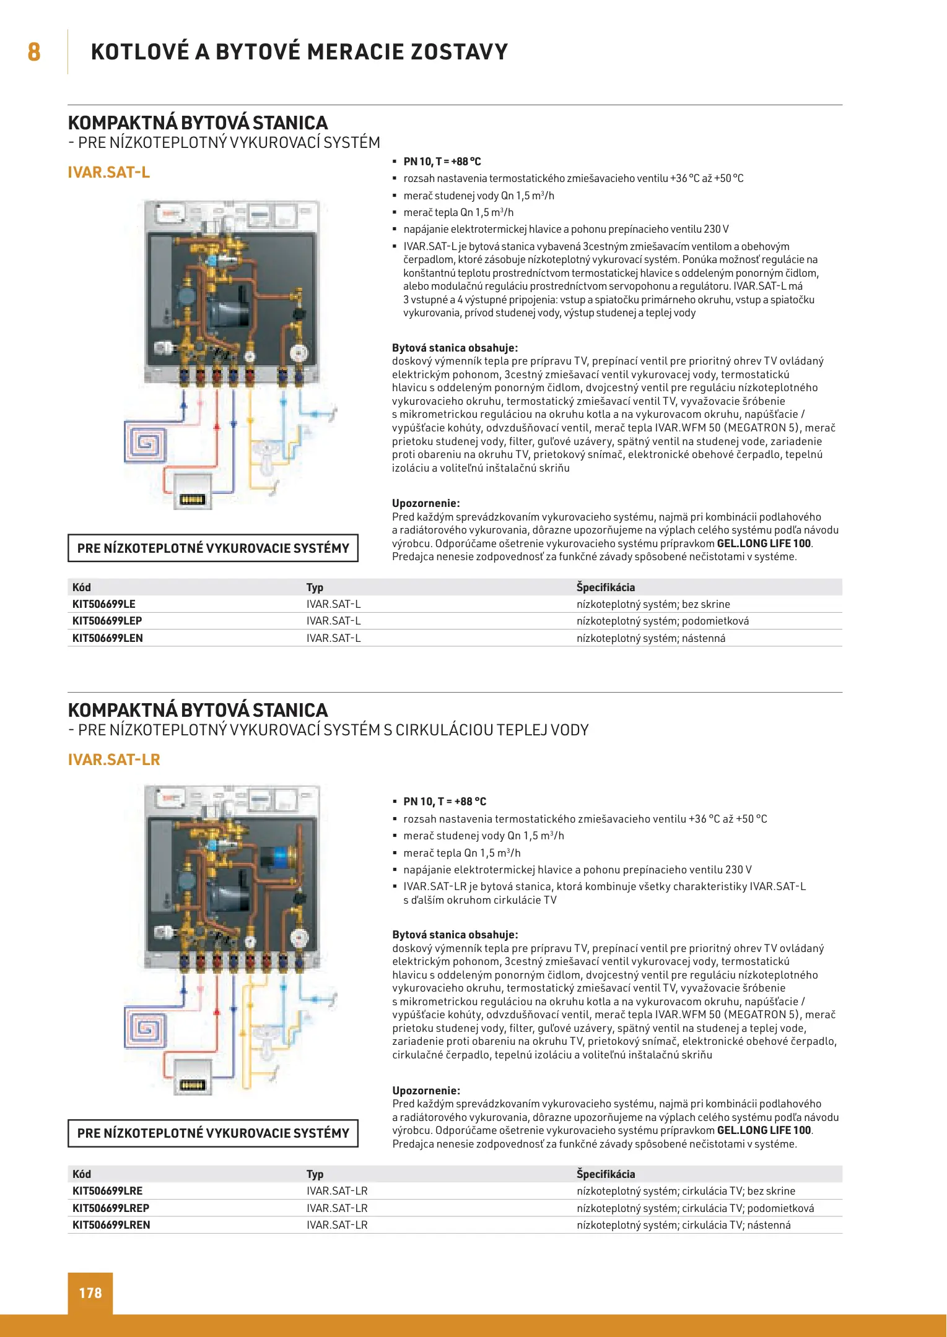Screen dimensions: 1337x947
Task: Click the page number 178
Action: pos(90,1293)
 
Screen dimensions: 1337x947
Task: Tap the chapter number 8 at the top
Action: pos(34,51)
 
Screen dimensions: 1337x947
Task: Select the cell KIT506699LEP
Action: pos(107,621)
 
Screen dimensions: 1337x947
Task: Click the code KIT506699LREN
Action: pos(111,1225)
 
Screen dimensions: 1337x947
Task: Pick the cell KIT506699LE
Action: pos(103,604)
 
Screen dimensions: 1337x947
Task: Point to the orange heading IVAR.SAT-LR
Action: pos(114,759)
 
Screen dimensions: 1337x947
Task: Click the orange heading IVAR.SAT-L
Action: pos(109,172)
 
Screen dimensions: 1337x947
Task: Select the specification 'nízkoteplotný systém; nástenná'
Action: pos(650,638)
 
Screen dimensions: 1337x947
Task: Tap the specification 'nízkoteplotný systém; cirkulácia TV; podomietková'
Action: pos(695,1208)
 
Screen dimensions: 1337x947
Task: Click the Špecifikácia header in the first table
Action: pos(605,587)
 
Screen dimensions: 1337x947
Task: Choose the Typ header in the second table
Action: pos(315,1174)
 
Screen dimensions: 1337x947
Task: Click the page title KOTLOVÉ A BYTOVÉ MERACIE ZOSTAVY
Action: pos(299,51)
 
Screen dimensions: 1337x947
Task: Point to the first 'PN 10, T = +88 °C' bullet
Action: pos(442,162)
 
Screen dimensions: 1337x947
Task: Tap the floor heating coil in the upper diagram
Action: pos(146,442)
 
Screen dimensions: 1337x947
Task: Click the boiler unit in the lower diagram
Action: pos(192,1078)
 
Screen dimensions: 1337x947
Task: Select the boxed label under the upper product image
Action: pos(213,548)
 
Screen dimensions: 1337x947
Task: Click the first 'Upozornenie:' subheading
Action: pos(425,503)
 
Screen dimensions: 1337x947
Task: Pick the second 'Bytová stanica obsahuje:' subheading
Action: pos(455,935)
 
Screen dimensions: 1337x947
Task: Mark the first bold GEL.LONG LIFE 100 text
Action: pos(764,543)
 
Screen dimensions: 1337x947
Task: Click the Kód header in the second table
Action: pos(81,1174)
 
